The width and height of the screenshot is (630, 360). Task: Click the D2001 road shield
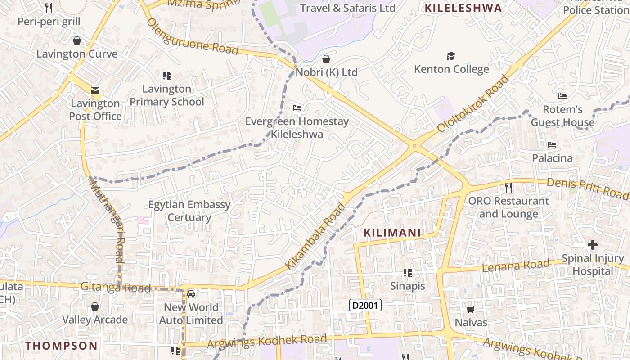(365, 306)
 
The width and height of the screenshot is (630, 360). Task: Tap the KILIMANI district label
(392, 233)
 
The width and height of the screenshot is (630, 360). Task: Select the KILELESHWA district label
(463, 8)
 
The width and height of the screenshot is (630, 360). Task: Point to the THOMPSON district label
(61, 346)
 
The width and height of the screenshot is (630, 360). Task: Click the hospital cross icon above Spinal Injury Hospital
(593, 245)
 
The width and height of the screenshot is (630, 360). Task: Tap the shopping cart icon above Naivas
(471, 309)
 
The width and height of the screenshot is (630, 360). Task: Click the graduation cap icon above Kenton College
(451, 56)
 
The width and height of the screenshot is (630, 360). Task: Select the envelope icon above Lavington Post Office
(95, 90)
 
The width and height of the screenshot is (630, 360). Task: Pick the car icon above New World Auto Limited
(191, 294)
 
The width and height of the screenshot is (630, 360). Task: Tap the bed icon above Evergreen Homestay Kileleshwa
(297, 108)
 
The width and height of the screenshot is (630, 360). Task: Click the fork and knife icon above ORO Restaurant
(508, 187)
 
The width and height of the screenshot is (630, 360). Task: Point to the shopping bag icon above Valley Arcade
(95, 306)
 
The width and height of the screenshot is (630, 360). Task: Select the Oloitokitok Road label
(473, 103)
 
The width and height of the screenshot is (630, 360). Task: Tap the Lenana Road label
(516, 265)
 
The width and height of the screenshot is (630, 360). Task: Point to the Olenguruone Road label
(192, 36)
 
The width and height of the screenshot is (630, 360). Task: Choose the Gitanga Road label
(115, 287)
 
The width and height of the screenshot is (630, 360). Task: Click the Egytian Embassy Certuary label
(189, 211)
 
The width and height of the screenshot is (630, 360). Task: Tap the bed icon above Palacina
(552, 145)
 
